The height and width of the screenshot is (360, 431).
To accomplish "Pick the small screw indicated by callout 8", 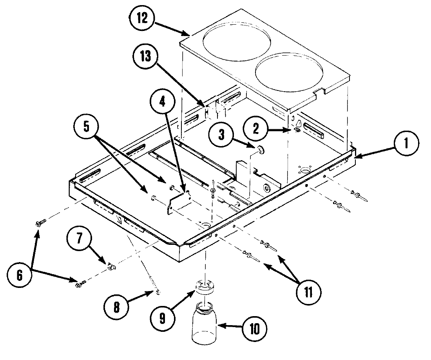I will pos(158,291).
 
